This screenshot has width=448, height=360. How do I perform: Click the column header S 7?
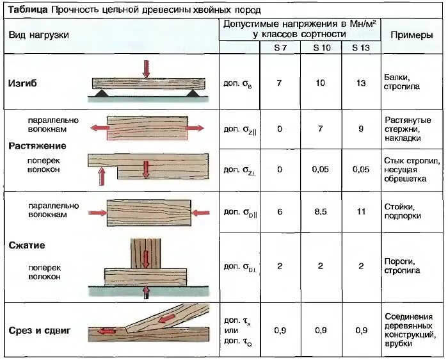pos(279,48)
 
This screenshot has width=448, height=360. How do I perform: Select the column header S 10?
pos(320,48)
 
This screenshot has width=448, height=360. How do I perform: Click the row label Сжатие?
pos(27,245)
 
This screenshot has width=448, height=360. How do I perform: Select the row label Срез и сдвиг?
pos(40,331)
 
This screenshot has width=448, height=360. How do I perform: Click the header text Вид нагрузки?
pos(38,35)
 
